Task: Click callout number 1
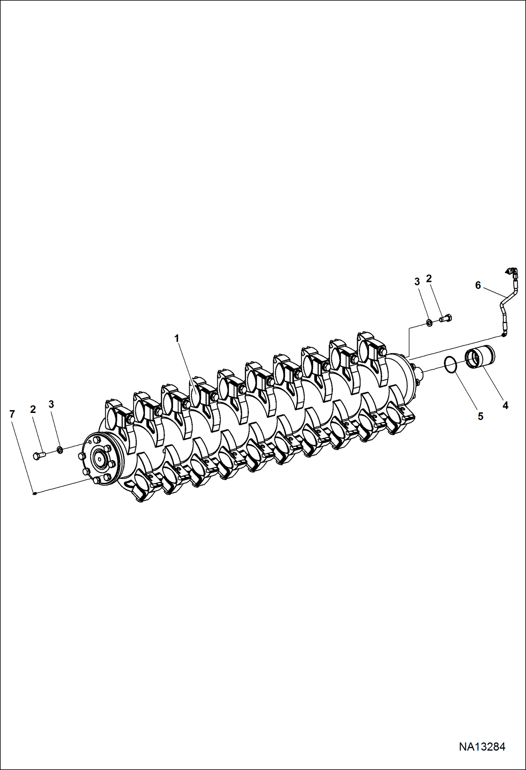point(177,338)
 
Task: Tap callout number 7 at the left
point(12,414)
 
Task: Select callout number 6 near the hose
point(478,285)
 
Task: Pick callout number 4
point(505,406)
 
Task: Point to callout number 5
point(480,416)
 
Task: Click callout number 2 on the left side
point(33,409)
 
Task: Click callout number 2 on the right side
point(429,279)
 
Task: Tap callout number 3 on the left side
point(51,404)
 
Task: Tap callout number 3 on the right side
point(417,282)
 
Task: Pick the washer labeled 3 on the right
point(429,322)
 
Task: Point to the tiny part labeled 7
point(34,493)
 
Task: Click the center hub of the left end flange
point(100,459)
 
